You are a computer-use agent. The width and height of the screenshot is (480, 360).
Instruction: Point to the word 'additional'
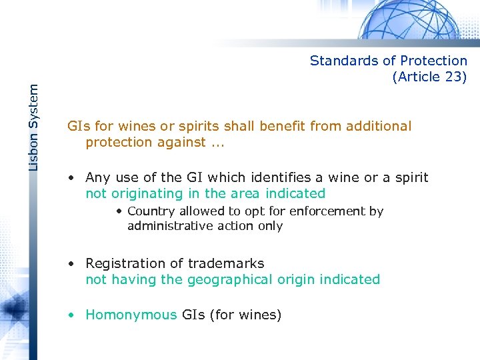point(377,126)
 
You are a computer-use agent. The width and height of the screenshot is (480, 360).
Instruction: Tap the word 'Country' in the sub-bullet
point(151,211)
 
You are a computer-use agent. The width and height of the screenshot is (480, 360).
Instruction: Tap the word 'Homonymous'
point(131,315)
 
